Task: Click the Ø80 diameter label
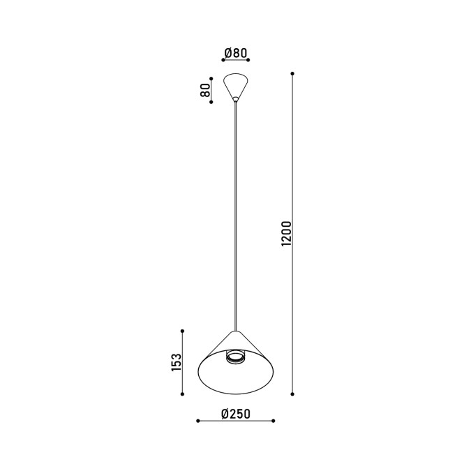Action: coord(236,53)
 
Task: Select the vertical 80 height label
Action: coord(205,90)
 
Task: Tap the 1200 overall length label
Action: coord(287,233)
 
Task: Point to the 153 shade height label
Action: coord(177,362)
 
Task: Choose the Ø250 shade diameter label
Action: coord(236,414)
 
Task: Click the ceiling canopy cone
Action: coord(236,86)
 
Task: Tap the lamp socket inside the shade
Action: coord(236,357)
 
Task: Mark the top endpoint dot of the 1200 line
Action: coord(292,73)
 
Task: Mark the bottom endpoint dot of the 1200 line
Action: coord(292,394)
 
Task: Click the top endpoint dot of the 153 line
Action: coord(182,331)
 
